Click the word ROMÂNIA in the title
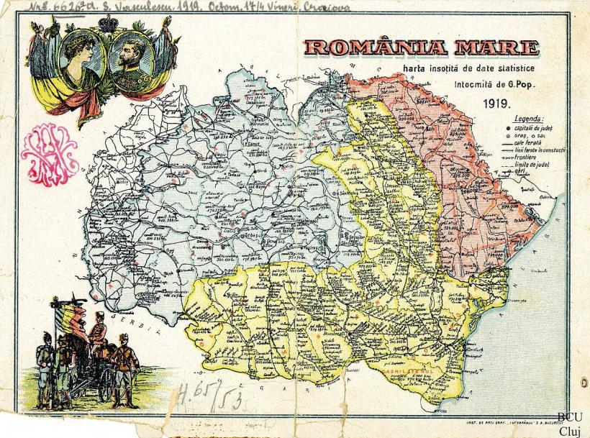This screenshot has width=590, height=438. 373,49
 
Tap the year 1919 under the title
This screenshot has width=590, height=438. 497,102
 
